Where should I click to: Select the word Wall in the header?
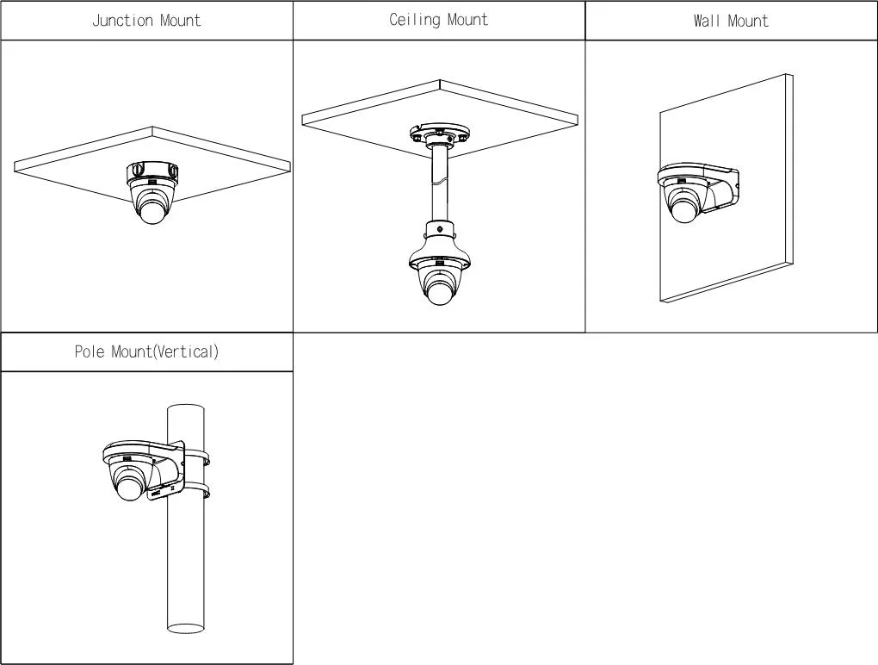click(x=707, y=21)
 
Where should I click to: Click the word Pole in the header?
click(x=90, y=351)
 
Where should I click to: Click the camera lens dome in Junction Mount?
click(x=152, y=212)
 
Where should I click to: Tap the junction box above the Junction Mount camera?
click(x=152, y=172)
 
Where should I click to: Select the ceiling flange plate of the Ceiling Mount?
click(x=439, y=135)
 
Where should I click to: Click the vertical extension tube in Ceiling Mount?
click(x=440, y=185)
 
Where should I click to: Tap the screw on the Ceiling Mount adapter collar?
click(x=440, y=229)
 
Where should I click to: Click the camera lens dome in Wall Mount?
click(x=685, y=209)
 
